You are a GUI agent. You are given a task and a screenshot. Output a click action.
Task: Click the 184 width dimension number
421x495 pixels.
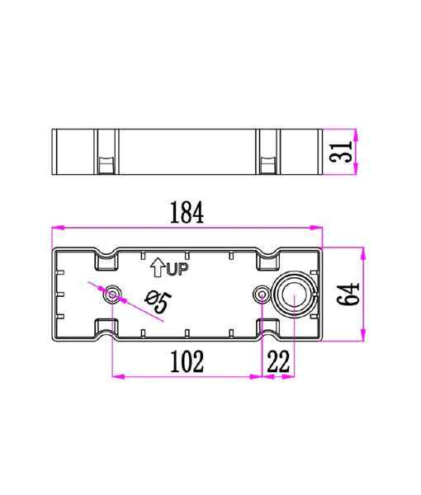click(x=187, y=213)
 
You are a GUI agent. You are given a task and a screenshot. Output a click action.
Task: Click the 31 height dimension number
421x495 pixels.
click(x=340, y=152)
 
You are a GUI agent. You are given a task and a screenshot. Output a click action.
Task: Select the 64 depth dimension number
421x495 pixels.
click(x=348, y=295)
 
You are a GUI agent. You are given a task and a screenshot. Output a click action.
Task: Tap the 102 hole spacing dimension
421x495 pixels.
click(x=187, y=361)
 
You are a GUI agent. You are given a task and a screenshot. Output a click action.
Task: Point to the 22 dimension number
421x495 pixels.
click(x=278, y=361)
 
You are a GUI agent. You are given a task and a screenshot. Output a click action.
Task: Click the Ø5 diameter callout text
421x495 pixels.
click(x=158, y=301)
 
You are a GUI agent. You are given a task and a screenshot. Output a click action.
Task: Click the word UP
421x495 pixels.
click(x=177, y=269)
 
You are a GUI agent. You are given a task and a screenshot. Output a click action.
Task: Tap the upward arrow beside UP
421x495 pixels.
click(x=158, y=267)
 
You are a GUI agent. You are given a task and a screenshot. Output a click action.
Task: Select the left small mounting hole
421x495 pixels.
click(x=112, y=295)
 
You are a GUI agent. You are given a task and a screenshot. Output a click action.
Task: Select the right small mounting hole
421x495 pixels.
click(x=262, y=295)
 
